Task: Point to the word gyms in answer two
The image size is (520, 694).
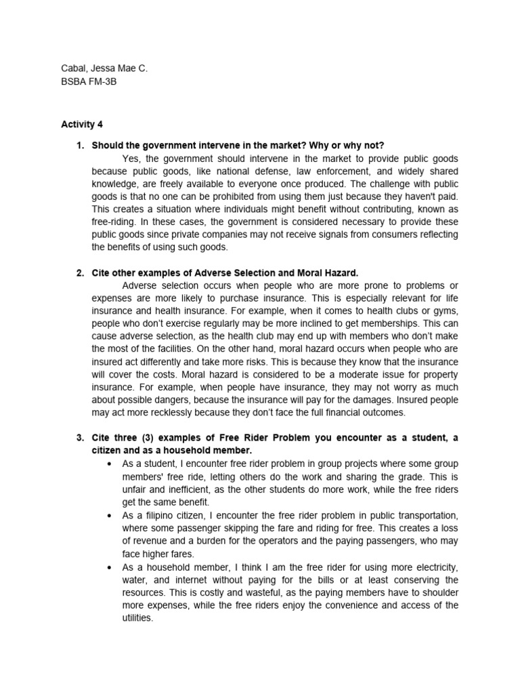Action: pos(446,310)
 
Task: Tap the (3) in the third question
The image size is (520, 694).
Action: pos(143,438)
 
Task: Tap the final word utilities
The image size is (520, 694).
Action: pos(138,617)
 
